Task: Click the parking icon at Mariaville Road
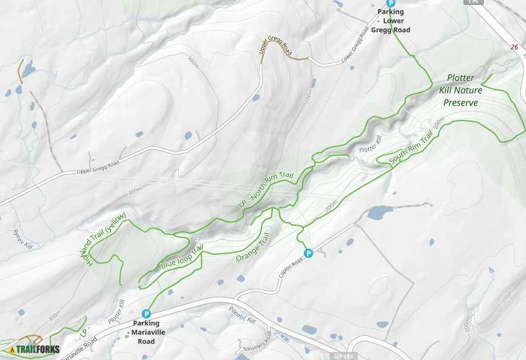[x=146, y=314]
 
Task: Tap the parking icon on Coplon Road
[x=308, y=252]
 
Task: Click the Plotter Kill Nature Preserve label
[x=460, y=90]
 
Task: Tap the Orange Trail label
[x=254, y=246]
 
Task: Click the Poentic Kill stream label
[x=242, y=314]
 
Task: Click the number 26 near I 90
[x=514, y=47]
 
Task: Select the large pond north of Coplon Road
[x=379, y=213]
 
